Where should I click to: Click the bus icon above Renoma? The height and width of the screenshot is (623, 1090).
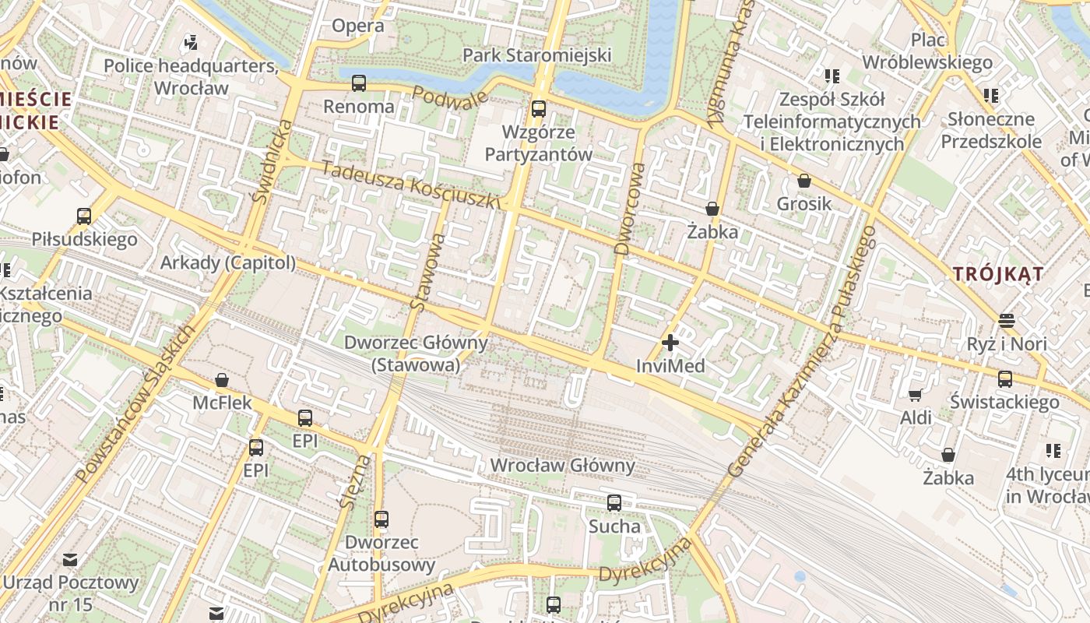[x=359, y=83]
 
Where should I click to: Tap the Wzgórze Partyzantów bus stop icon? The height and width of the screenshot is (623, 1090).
[x=539, y=109]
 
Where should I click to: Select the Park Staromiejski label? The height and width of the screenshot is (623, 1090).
[x=537, y=55]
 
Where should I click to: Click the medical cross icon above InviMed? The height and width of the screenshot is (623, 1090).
[x=670, y=343]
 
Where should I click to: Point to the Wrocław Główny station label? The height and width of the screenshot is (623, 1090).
[x=562, y=466]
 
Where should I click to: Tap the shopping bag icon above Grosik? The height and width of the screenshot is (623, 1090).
[x=804, y=181]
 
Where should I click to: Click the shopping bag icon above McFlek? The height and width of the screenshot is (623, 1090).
[x=222, y=380]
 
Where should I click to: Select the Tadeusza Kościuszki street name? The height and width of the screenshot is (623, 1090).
[x=410, y=185]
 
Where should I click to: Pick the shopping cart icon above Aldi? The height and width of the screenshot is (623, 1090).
[x=916, y=395]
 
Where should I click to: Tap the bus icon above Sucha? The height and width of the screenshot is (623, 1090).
[x=614, y=503]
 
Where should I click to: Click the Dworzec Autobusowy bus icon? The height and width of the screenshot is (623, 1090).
[x=381, y=519]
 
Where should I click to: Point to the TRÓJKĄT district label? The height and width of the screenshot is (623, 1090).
[x=998, y=274]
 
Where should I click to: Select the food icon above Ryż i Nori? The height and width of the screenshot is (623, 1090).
[x=1006, y=321]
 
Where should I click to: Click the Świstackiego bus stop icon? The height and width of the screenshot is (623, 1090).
[x=1005, y=379]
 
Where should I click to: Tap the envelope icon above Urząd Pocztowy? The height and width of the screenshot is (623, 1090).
[x=70, y=559]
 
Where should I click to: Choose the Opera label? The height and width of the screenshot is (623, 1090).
[x=358, y=26]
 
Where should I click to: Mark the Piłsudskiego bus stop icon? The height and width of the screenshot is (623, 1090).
[x=84, y=216]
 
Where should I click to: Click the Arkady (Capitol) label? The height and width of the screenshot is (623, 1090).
[x=228, y=263]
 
